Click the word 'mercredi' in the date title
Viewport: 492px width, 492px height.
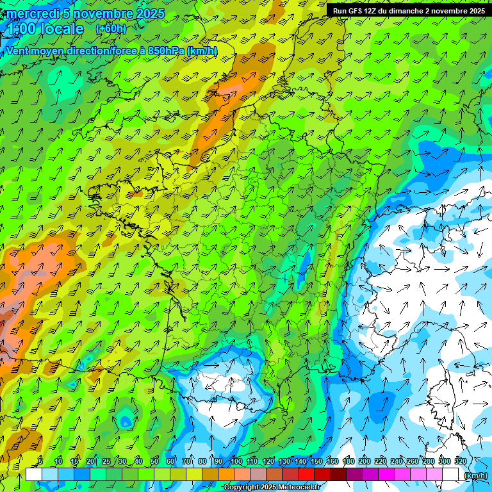pyautogui.click(x=33, y=13)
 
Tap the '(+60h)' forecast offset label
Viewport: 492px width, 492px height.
pyautogui.click(x=111, y=28)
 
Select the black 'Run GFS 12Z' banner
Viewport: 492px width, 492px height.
pyautogui.click(x=408, y=10)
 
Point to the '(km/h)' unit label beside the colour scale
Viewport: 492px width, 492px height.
pyautogui.click(x=475, y=475)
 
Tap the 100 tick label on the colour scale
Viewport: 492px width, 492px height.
pyautogui.click(x=236, y=462)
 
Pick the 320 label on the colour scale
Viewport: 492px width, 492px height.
pyautogui.click(x=461, y=462)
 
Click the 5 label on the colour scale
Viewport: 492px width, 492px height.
pyautogui.click(x=40, y=462)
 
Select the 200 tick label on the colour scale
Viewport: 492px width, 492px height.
pyautogui.click(x=365, y=462)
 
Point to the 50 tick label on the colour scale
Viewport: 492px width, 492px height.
pyautogui.click(x=154, y=462)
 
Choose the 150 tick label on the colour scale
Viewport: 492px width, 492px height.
pyautogui.click(x=316, y=462)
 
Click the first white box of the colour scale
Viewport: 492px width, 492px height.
pyautogui.click(x=34, y=475)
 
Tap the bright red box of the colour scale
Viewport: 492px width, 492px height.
pyautogui.click(x=306, y=475)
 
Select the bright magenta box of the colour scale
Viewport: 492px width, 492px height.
pyautogui.click(x=386, y=475)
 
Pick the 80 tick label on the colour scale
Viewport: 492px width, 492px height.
pyautogui.click(x=202, y=462)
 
